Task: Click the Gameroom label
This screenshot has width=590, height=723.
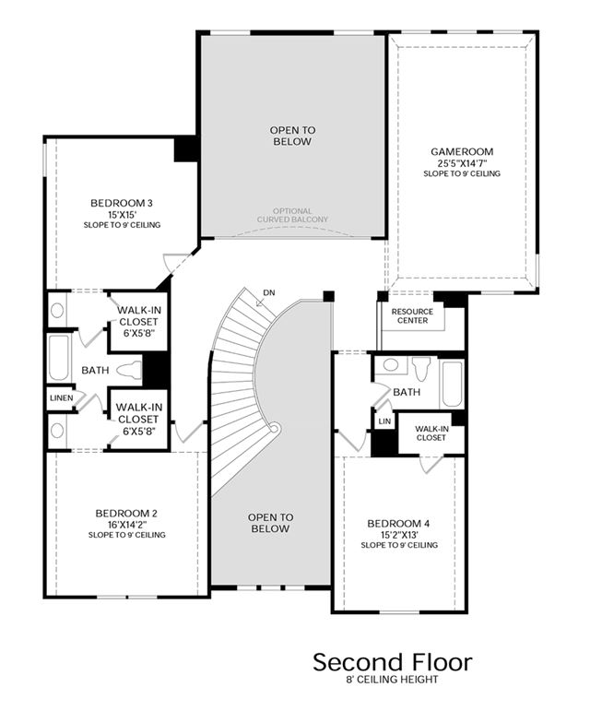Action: click(462, 151)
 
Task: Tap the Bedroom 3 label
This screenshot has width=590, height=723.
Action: click(122, 203)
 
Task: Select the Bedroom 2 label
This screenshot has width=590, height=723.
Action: click(126, 513)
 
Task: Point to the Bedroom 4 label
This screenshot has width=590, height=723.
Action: click(398, 524)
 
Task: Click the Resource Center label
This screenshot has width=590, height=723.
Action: click(413, 315)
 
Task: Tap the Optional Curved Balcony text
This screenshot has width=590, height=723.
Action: click(293, 216)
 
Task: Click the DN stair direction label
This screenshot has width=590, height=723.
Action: click(269, 292)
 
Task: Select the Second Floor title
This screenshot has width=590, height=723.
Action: click(393, 662)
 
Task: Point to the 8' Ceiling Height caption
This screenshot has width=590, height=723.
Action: click(393, 679)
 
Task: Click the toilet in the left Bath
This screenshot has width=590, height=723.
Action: click(129, 371)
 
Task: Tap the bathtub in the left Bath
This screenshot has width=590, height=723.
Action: click(59, 358)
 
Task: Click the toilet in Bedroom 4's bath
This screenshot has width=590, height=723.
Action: click(420, 367)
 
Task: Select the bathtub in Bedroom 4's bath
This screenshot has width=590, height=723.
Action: click(452, 384)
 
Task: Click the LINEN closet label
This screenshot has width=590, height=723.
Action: click(61, 397)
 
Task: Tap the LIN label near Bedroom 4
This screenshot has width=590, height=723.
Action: click(384, 421)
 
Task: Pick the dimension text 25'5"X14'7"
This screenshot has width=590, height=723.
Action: click(463, 162)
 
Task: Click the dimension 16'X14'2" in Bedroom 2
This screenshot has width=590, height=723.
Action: click(127, 524)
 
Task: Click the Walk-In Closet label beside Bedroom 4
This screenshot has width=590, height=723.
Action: click(431, 433)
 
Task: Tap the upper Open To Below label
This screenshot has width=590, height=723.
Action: click(293, 136)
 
